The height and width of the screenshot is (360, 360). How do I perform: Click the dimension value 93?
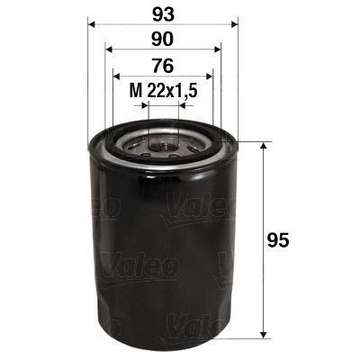pos(163,15)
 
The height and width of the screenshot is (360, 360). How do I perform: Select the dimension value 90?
pos(163,40)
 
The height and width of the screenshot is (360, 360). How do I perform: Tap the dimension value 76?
pos(163,66)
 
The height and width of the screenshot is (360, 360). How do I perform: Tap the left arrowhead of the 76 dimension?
pos(115,76)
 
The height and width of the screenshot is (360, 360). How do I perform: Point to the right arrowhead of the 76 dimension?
pos(210,76)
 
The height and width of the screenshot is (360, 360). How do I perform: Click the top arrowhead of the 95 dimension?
pos(263,146)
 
